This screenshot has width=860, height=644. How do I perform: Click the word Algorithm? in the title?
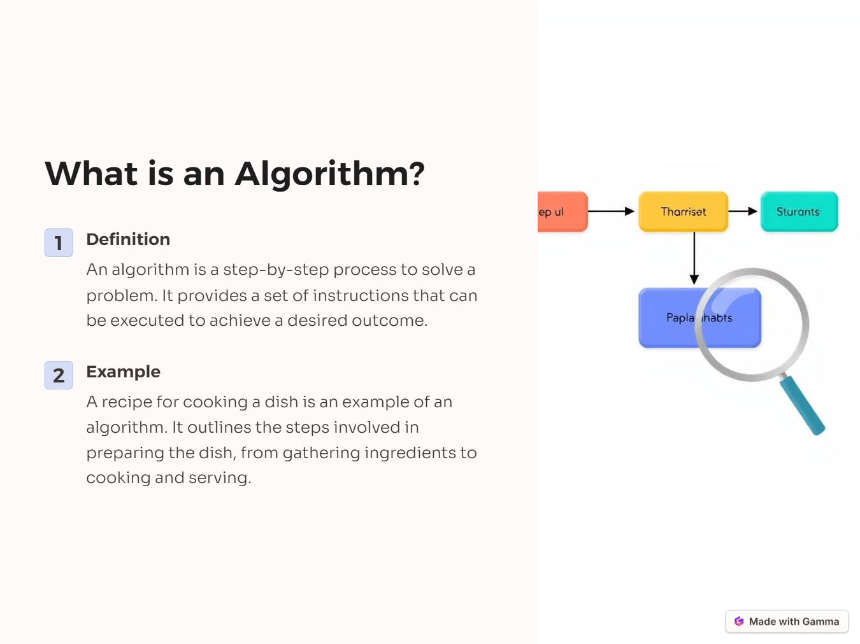pyautogui.click(x=329, y=174)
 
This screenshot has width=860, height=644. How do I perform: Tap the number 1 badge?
pyautogui.click(x=59, y=242)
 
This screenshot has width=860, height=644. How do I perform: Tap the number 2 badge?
pyautogui.click(x=59, y=375)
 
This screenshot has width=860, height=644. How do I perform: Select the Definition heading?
pyautogui.click(x=128, y=239)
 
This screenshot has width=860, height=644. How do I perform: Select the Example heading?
pyautogui.click(x=123, y=372)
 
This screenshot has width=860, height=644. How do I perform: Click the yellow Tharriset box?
pyautogui.click(x=683, y=212)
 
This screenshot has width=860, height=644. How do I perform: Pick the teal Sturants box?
pyautogui.click(x=799, y=212)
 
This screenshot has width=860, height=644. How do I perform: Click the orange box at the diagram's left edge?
pyautogui.click(x=561, y=212)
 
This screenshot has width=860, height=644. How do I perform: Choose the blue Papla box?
pyautogui.click(x=669, y=318)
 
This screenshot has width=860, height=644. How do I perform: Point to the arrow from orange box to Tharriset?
pyautogui.click(x=610, y=211)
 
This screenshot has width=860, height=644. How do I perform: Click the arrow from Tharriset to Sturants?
pyautogui.click(x=743, y=211)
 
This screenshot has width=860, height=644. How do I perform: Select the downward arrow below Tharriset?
pyautogui.click(x=694, y=258)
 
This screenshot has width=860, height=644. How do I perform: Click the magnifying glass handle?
pyautogui.click(x=802, y=405)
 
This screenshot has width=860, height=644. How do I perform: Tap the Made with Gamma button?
pyautogui.click(x=787, y=622)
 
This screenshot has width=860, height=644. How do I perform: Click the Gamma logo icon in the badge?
pyautogui.click(x=739, y=622)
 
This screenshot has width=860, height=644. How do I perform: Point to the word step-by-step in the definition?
pyautogui.click(x=276, y=270)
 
